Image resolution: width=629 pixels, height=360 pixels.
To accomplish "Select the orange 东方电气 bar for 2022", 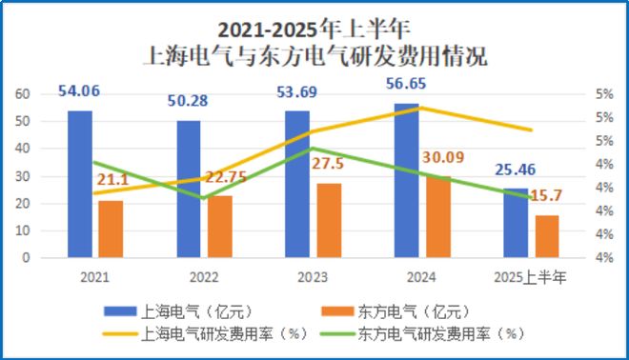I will coord(219,227).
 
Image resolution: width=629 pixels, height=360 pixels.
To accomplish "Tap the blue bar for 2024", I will coord(407,180).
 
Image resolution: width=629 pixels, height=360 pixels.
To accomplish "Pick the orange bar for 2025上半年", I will coord(546,236).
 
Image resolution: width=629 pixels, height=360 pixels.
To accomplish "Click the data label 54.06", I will coord(80,91).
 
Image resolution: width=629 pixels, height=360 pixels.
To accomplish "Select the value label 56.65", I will coord(406,84).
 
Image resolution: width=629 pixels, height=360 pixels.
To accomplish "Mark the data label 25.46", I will coord(516,170).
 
